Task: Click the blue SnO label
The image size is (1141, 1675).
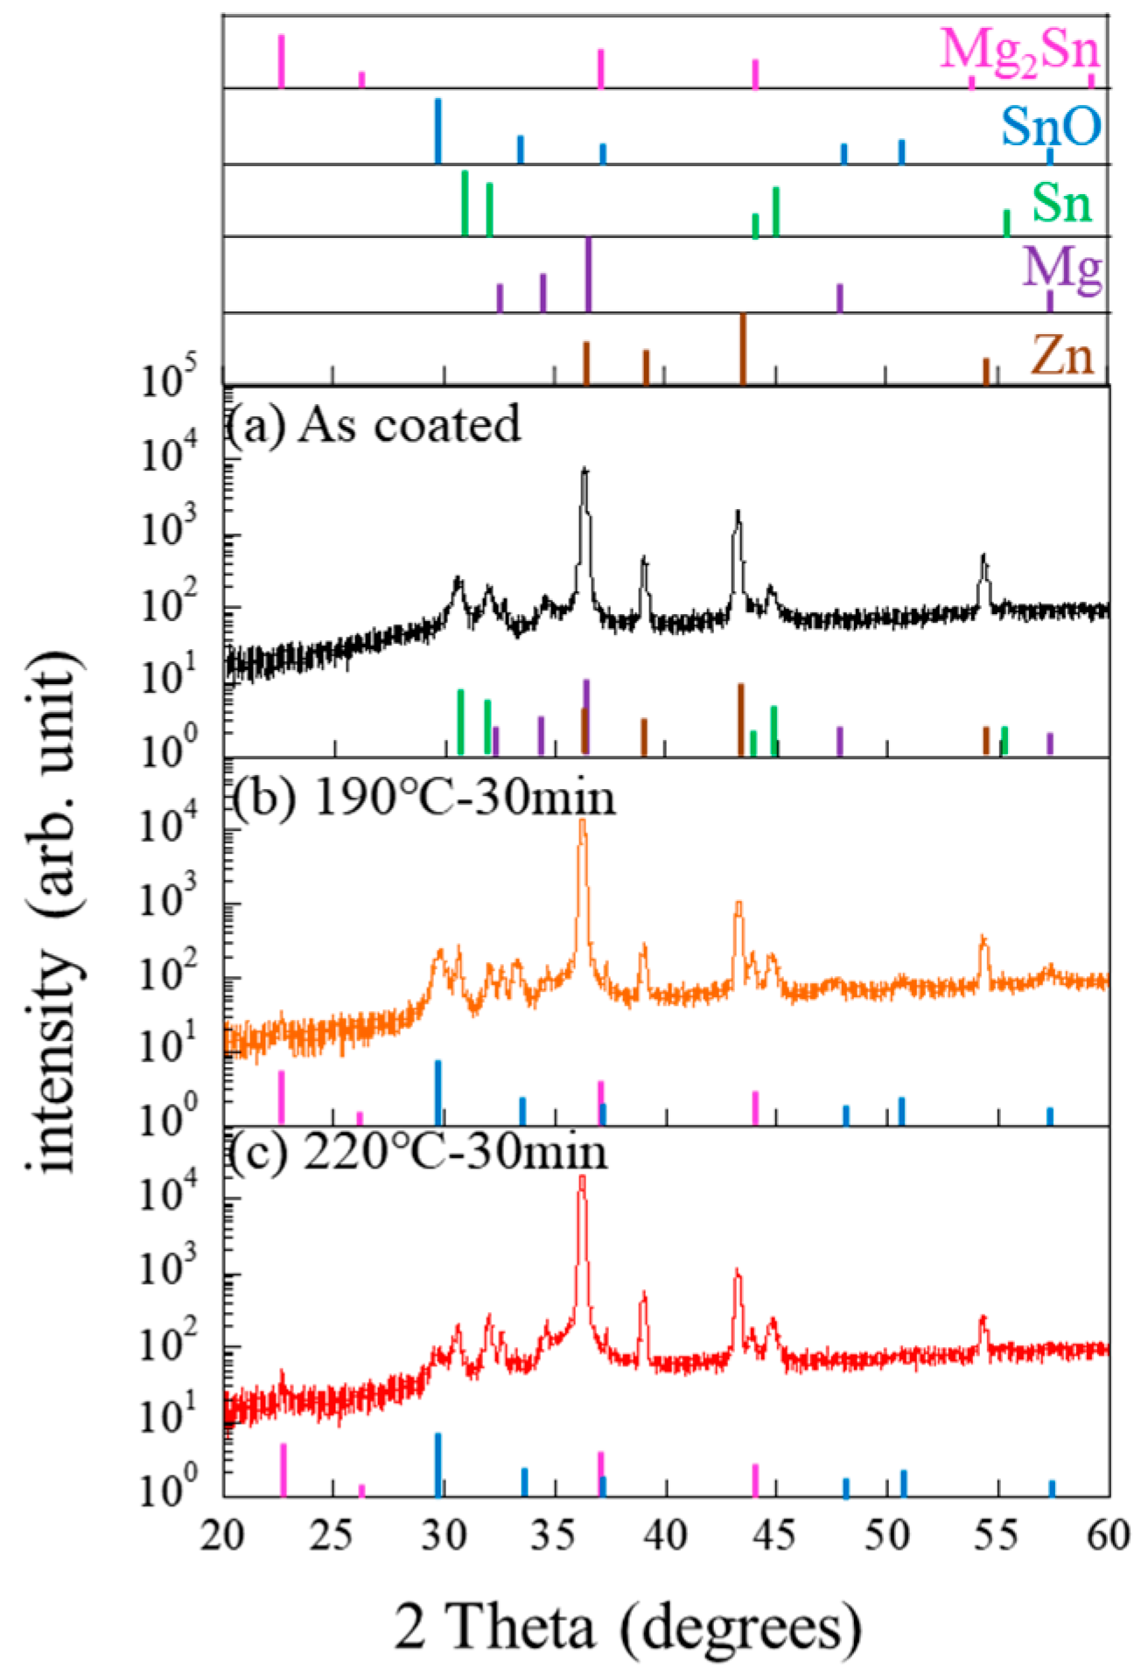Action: [1051, 127]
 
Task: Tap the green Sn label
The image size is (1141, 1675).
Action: [1061, 202]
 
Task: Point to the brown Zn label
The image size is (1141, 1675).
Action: [1061, 355]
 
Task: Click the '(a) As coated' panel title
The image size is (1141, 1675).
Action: [374, 424]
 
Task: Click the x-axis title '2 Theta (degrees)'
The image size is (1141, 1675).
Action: [627, 1626]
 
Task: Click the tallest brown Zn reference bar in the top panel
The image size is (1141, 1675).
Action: [743, 348]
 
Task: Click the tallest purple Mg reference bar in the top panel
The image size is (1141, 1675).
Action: [588, 274]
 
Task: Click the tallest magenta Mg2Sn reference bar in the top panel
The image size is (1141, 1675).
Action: [281, 61]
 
